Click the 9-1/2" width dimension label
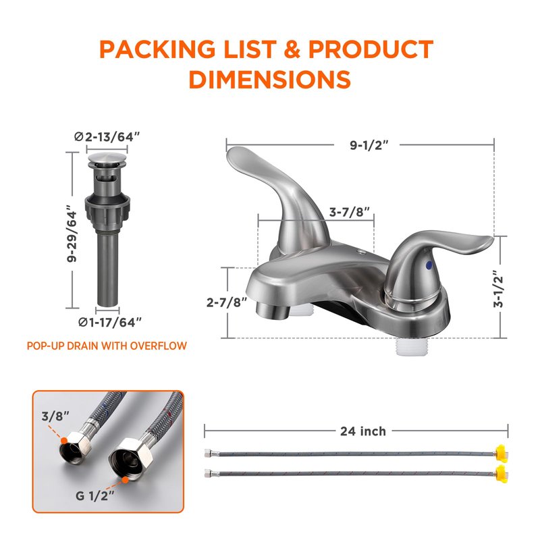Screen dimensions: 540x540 tap(369, 145)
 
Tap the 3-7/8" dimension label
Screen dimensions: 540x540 tap(350, 212)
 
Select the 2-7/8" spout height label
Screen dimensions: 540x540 tap(227, 302)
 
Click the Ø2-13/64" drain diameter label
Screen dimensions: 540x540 tap(107, 137)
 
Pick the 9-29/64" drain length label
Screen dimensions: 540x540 tap(72, 234)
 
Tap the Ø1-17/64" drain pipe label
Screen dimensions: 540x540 tap(110, 323)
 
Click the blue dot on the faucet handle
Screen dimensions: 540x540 tap(429, 265)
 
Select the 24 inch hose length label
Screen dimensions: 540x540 tap(363, 431)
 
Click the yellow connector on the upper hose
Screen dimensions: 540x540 tap(502, 452)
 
